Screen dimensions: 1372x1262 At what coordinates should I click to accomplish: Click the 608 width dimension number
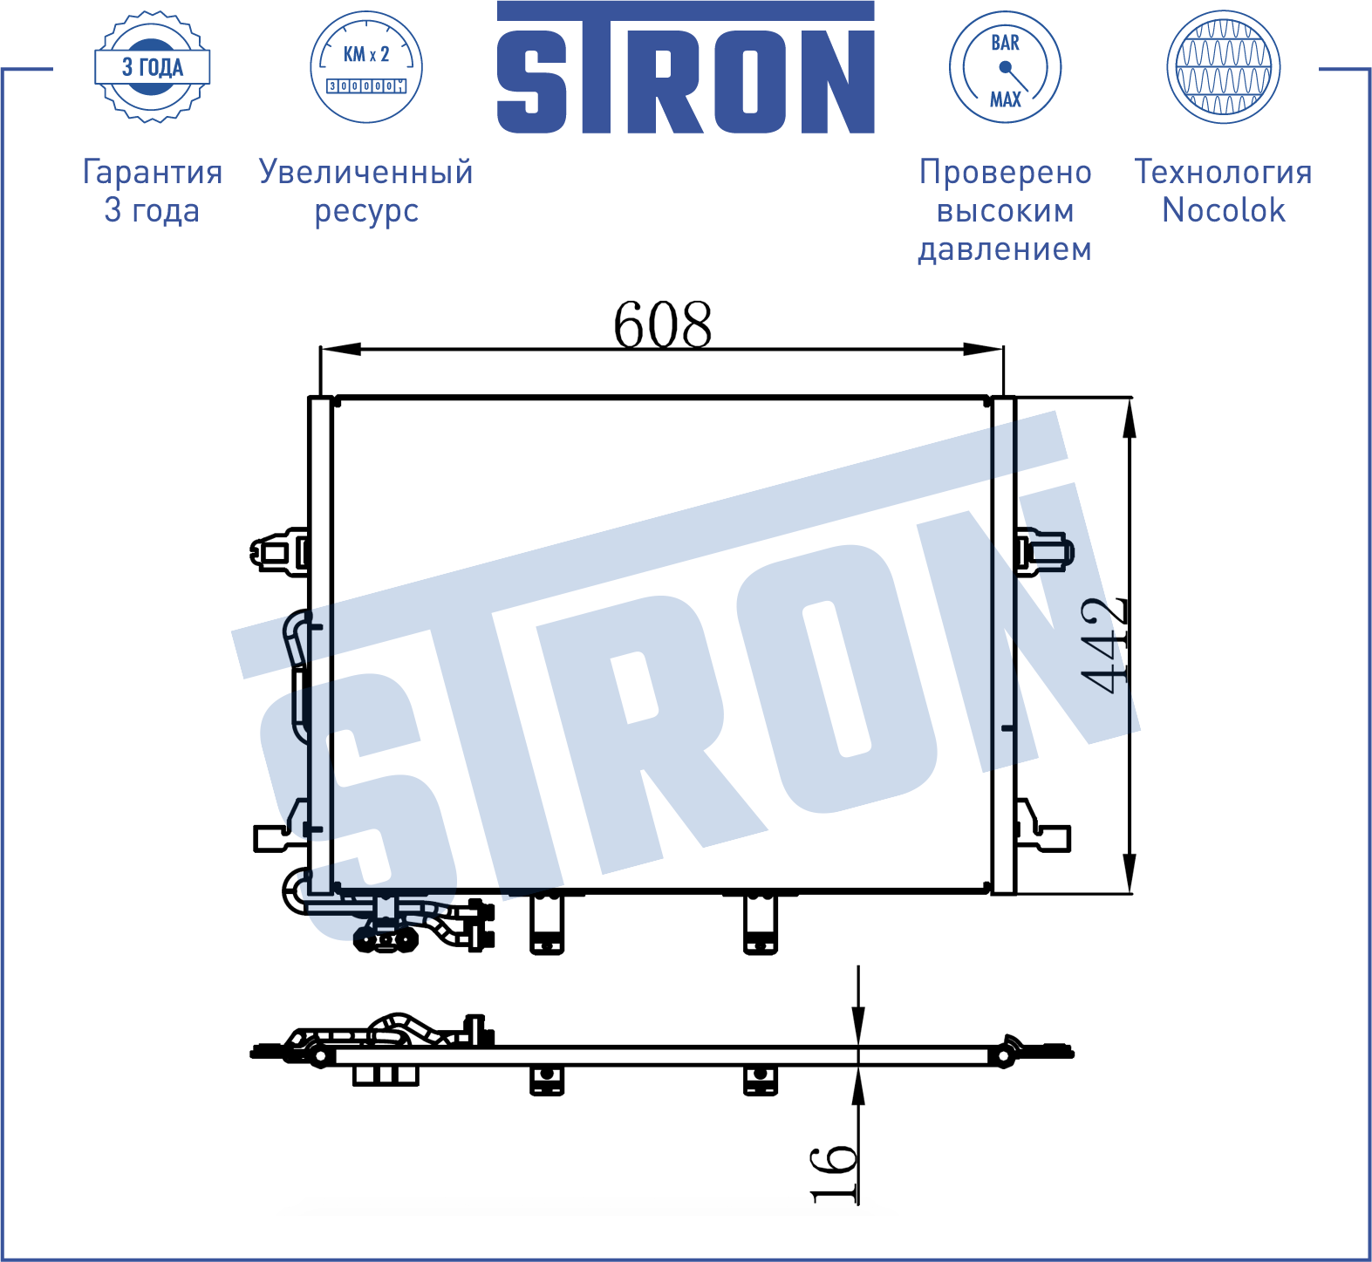tap(663, 324)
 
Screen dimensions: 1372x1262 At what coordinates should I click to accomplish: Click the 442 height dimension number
tap(1105, 645)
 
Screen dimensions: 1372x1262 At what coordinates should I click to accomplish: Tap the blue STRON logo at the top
tap(686, 67)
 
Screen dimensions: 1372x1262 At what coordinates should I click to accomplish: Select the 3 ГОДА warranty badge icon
tap(153, 67)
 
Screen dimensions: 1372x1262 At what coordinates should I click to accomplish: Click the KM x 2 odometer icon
tap(366, 67)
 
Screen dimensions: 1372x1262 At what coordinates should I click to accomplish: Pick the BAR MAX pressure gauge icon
tap(1005, 67)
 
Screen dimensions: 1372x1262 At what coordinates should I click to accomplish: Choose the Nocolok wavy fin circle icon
tap(1224, 67)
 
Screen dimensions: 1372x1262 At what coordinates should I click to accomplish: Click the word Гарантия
tap(153, 172)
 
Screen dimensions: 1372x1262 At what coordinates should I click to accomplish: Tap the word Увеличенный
tap(366, 172)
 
